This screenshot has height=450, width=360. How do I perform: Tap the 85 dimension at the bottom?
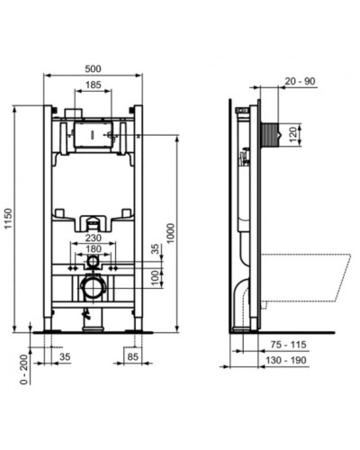pos(131,356)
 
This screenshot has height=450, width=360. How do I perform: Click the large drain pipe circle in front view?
pos(92,288)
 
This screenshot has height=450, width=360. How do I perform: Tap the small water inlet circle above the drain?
pos(92,263)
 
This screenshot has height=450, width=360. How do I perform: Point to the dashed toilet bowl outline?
pos(306,279)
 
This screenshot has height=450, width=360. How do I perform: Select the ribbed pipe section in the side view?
pos(273,135)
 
